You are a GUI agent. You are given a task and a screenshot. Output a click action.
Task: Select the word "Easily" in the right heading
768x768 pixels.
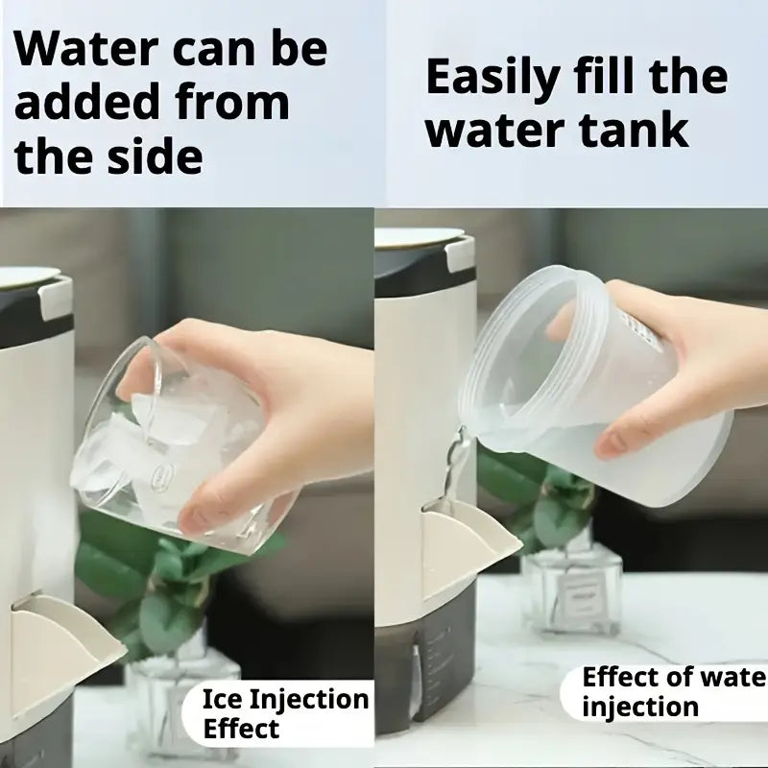coord(492,79)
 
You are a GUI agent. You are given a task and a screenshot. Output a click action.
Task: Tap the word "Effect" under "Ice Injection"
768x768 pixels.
coord(241,729)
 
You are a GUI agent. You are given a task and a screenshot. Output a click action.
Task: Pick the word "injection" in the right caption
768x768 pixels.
coord(640,708)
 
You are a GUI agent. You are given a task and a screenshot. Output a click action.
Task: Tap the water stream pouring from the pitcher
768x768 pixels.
coord(453,470)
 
